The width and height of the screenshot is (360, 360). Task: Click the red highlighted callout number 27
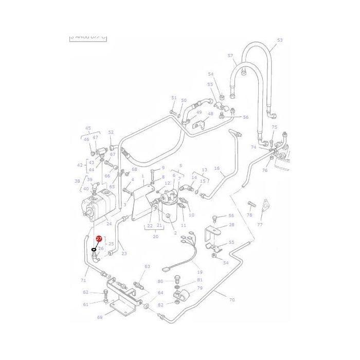click(99, 239)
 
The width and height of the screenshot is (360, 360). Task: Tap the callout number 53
click(280, 40)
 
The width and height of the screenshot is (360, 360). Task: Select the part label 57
click(230, 56)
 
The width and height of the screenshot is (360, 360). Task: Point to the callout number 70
click(232, 300)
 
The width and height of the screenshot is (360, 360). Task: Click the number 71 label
click(83, 280)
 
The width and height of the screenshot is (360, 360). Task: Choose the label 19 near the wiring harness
click(200, 272)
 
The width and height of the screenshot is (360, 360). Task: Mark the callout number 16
click(217, 168)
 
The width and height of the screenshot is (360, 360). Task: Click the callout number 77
click(260, 225)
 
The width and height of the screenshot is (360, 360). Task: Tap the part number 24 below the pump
click(109, 223)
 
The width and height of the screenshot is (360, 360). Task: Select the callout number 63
click(147, 266)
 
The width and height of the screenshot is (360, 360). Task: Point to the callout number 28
click(231, 225)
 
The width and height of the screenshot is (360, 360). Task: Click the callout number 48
click(210, 114)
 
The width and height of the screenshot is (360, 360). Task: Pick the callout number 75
click(274, 127)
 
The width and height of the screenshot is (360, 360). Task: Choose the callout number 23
click(124, 253)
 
